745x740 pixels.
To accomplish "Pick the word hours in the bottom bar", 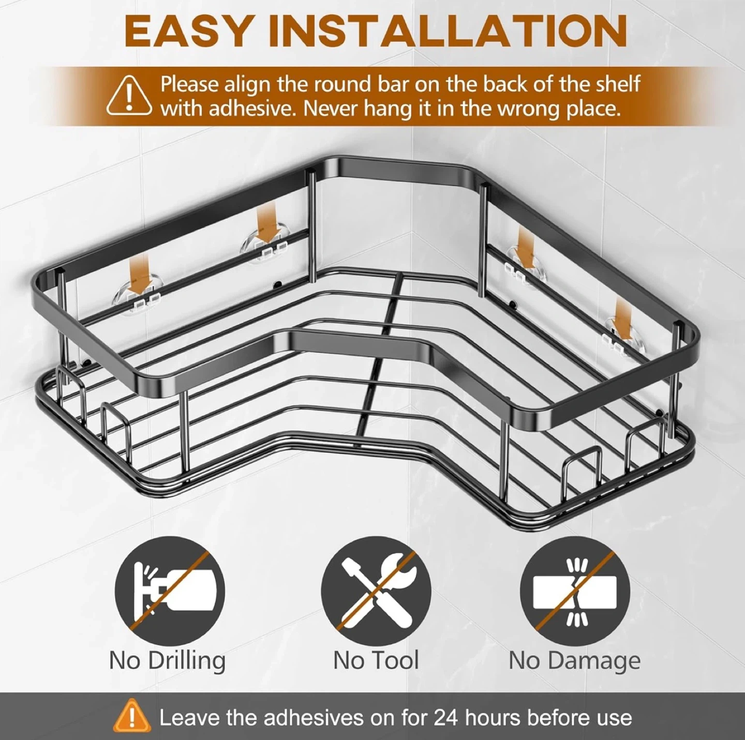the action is pyautogui.click(x=493, y=718).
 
